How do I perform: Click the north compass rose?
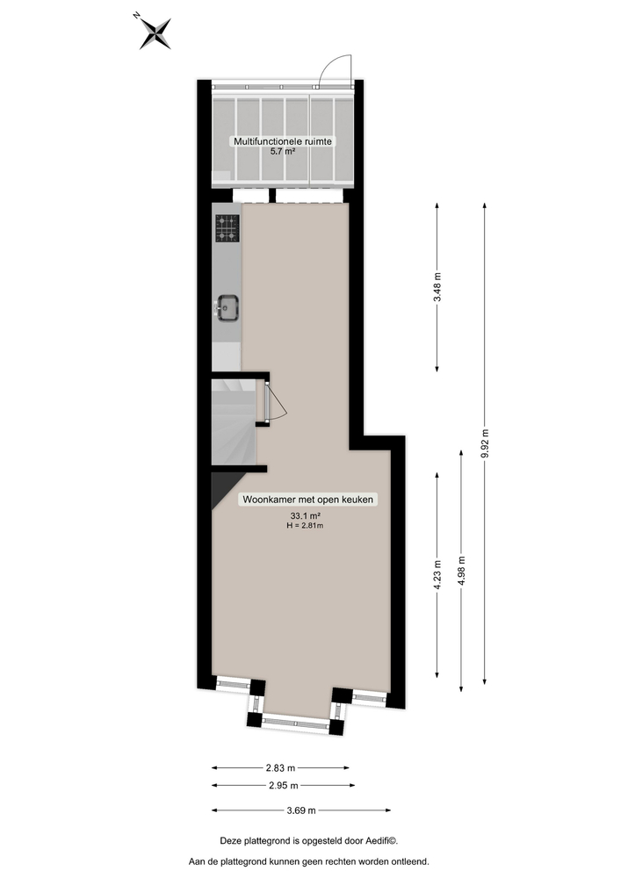tap(155, 32)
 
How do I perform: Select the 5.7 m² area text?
tap(282, 152)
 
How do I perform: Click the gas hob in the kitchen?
tap(227, 228)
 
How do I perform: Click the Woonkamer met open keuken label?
tap(308, 500)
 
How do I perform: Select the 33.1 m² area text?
tap(304, 515)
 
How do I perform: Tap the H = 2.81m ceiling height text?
tap(305, 526)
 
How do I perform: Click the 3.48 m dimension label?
tap(437, 286)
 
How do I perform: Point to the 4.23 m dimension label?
tap(437, 574)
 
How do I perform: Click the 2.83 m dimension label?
tap(281, 766)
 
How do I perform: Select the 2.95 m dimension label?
tap(281, 786)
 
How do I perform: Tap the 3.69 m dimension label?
tap(300, 810)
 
